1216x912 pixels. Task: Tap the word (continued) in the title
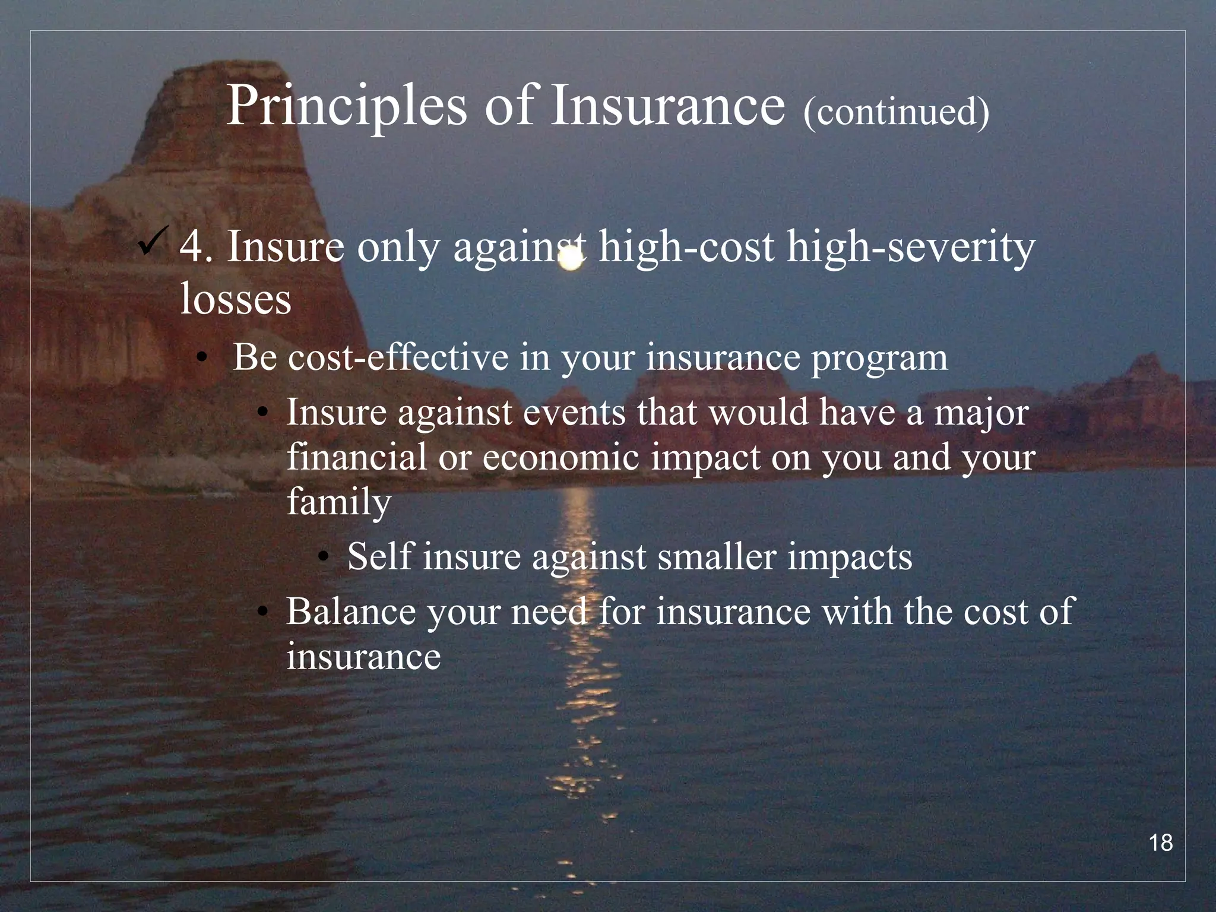point(896,112)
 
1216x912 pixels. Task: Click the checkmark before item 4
point(153,242)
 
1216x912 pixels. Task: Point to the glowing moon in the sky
point(571,259)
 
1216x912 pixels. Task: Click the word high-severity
point(911,248)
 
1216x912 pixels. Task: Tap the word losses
point(235,298)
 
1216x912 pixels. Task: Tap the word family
point(338,502)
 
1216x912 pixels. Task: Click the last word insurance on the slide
point(363,656)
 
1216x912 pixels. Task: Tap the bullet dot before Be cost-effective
point(203,359)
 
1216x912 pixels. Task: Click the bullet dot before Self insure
point(322,557)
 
